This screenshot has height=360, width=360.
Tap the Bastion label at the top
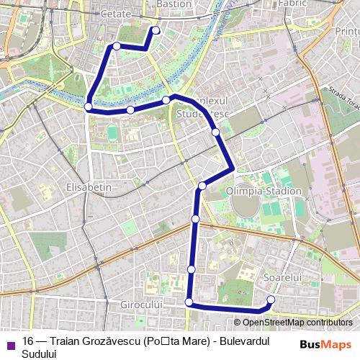[174, 4]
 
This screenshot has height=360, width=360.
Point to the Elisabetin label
[89, 186]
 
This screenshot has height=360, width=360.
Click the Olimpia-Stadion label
[263, 192]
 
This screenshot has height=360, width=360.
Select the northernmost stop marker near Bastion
[156, 30]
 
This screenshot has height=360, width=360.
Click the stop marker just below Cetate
[117, 47]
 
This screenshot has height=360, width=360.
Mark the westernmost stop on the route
[88, 107]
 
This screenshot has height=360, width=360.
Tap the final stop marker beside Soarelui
[271, 300]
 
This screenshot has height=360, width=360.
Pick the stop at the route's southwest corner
[189, 302]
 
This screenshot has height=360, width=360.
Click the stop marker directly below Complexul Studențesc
[215, 132]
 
